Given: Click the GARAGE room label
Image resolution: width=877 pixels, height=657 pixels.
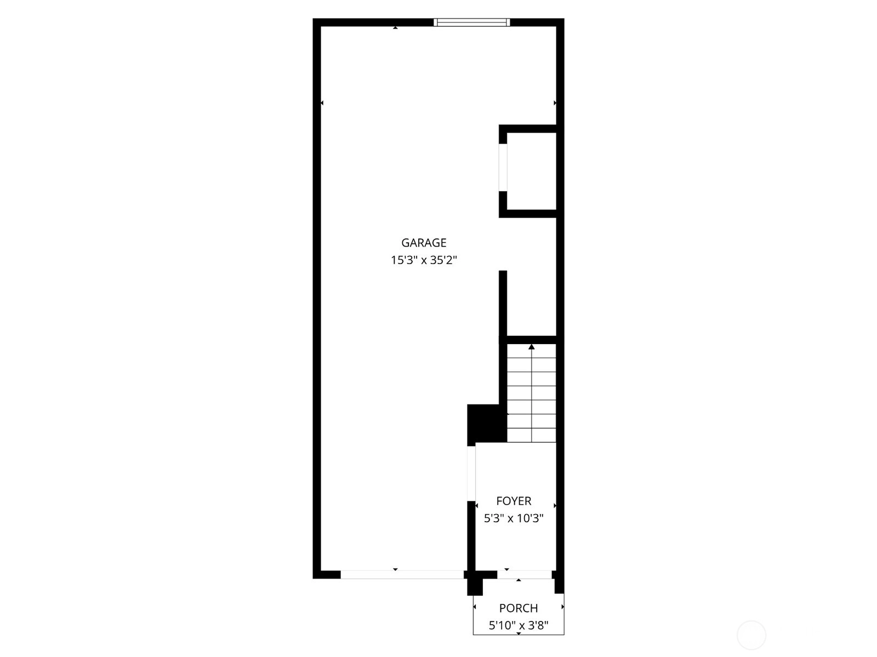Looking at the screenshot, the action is [424, 242].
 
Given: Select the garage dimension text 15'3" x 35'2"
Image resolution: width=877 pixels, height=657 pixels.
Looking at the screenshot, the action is [424, 260].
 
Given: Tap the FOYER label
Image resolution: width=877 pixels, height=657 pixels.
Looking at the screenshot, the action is [514, 501].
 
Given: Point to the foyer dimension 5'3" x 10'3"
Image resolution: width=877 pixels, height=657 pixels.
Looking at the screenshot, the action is [514, 518].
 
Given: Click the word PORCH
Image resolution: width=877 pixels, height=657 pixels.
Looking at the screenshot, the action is [519, 608].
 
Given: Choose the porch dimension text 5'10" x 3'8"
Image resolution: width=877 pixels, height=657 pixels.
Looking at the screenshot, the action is [519, 625].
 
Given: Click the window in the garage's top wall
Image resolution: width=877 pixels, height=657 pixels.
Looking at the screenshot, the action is [472, 22].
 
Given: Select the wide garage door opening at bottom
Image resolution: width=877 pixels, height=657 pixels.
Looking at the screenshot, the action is [402, 575].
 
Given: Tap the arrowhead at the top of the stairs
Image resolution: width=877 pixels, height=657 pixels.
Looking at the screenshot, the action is [531, 347].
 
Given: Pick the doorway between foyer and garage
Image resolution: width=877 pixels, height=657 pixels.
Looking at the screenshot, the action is [471, 473].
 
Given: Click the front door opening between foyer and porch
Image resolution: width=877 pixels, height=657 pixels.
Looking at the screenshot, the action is [524, 575].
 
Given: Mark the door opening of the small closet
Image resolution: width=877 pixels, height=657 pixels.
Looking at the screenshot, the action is [503, 167].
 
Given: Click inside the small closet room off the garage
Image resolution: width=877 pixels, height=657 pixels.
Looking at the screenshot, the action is [531, 171].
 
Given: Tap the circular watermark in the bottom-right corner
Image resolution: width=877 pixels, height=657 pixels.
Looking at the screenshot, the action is [751, 635].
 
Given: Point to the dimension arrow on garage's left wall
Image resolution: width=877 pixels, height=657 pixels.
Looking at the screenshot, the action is [322, 103].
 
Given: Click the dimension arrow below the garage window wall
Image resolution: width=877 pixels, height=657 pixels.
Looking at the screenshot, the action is [395, 27].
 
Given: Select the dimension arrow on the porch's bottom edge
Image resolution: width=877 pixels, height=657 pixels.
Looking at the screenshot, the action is [519, 633].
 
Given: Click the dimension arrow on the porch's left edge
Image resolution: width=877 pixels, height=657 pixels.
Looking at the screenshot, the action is [475, 607].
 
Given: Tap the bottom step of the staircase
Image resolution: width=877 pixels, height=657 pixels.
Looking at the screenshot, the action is [531, 435].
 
